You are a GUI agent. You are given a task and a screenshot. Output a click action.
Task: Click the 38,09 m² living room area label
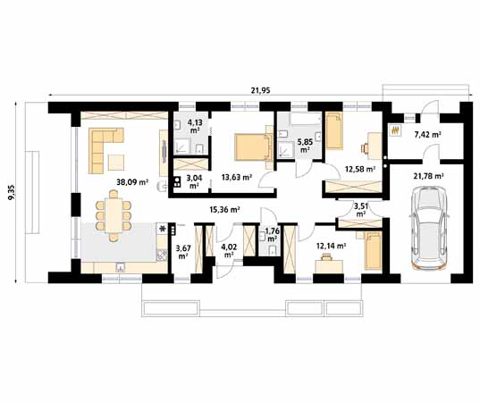click(131, 182)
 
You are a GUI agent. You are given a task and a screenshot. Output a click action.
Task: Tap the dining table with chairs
click(113, 218)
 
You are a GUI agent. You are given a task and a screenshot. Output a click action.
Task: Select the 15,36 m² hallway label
click(223, 209)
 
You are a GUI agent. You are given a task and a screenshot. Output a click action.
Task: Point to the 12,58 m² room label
click(359, 167)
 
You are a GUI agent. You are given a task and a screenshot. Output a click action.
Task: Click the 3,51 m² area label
click(360, 211)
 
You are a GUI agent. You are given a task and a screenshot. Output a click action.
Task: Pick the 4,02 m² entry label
click(229, 251)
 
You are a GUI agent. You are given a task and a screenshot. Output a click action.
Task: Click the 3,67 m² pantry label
click(183, 252)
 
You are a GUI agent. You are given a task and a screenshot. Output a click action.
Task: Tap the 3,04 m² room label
click(193, 182)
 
